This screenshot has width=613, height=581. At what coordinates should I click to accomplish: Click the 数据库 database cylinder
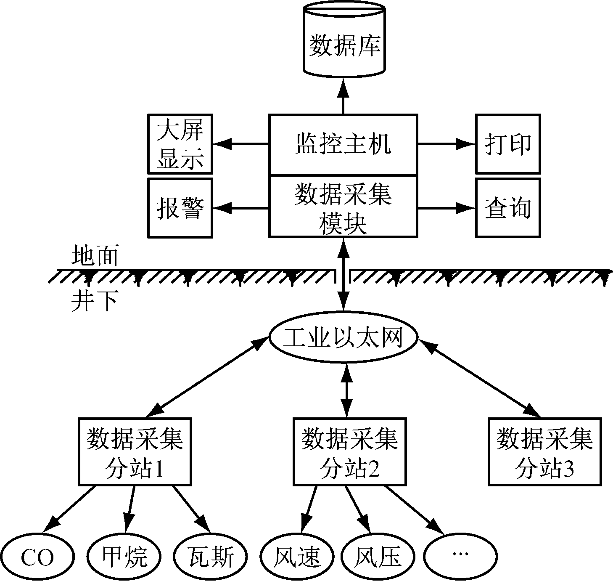(x=343, y=42)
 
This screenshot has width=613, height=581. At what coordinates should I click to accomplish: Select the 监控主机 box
(x=343, y=144)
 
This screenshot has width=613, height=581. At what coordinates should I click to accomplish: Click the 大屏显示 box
(x=180, y=144)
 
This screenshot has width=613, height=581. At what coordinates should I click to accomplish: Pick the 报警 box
(x=180, y=207)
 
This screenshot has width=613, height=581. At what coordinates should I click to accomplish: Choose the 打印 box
(x=508, y=144)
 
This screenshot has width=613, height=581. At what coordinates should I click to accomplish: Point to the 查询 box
(x=508, y=207)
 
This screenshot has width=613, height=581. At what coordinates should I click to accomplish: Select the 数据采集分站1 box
(x=135, y=451)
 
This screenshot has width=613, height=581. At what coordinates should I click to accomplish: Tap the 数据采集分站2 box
(x=350, y=451)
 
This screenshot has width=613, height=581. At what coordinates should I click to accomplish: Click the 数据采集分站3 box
(x=545, y=451)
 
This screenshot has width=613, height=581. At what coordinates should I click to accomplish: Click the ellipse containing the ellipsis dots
(x=460, y=556)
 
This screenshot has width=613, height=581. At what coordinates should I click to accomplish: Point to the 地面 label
(x=94, y=255)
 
